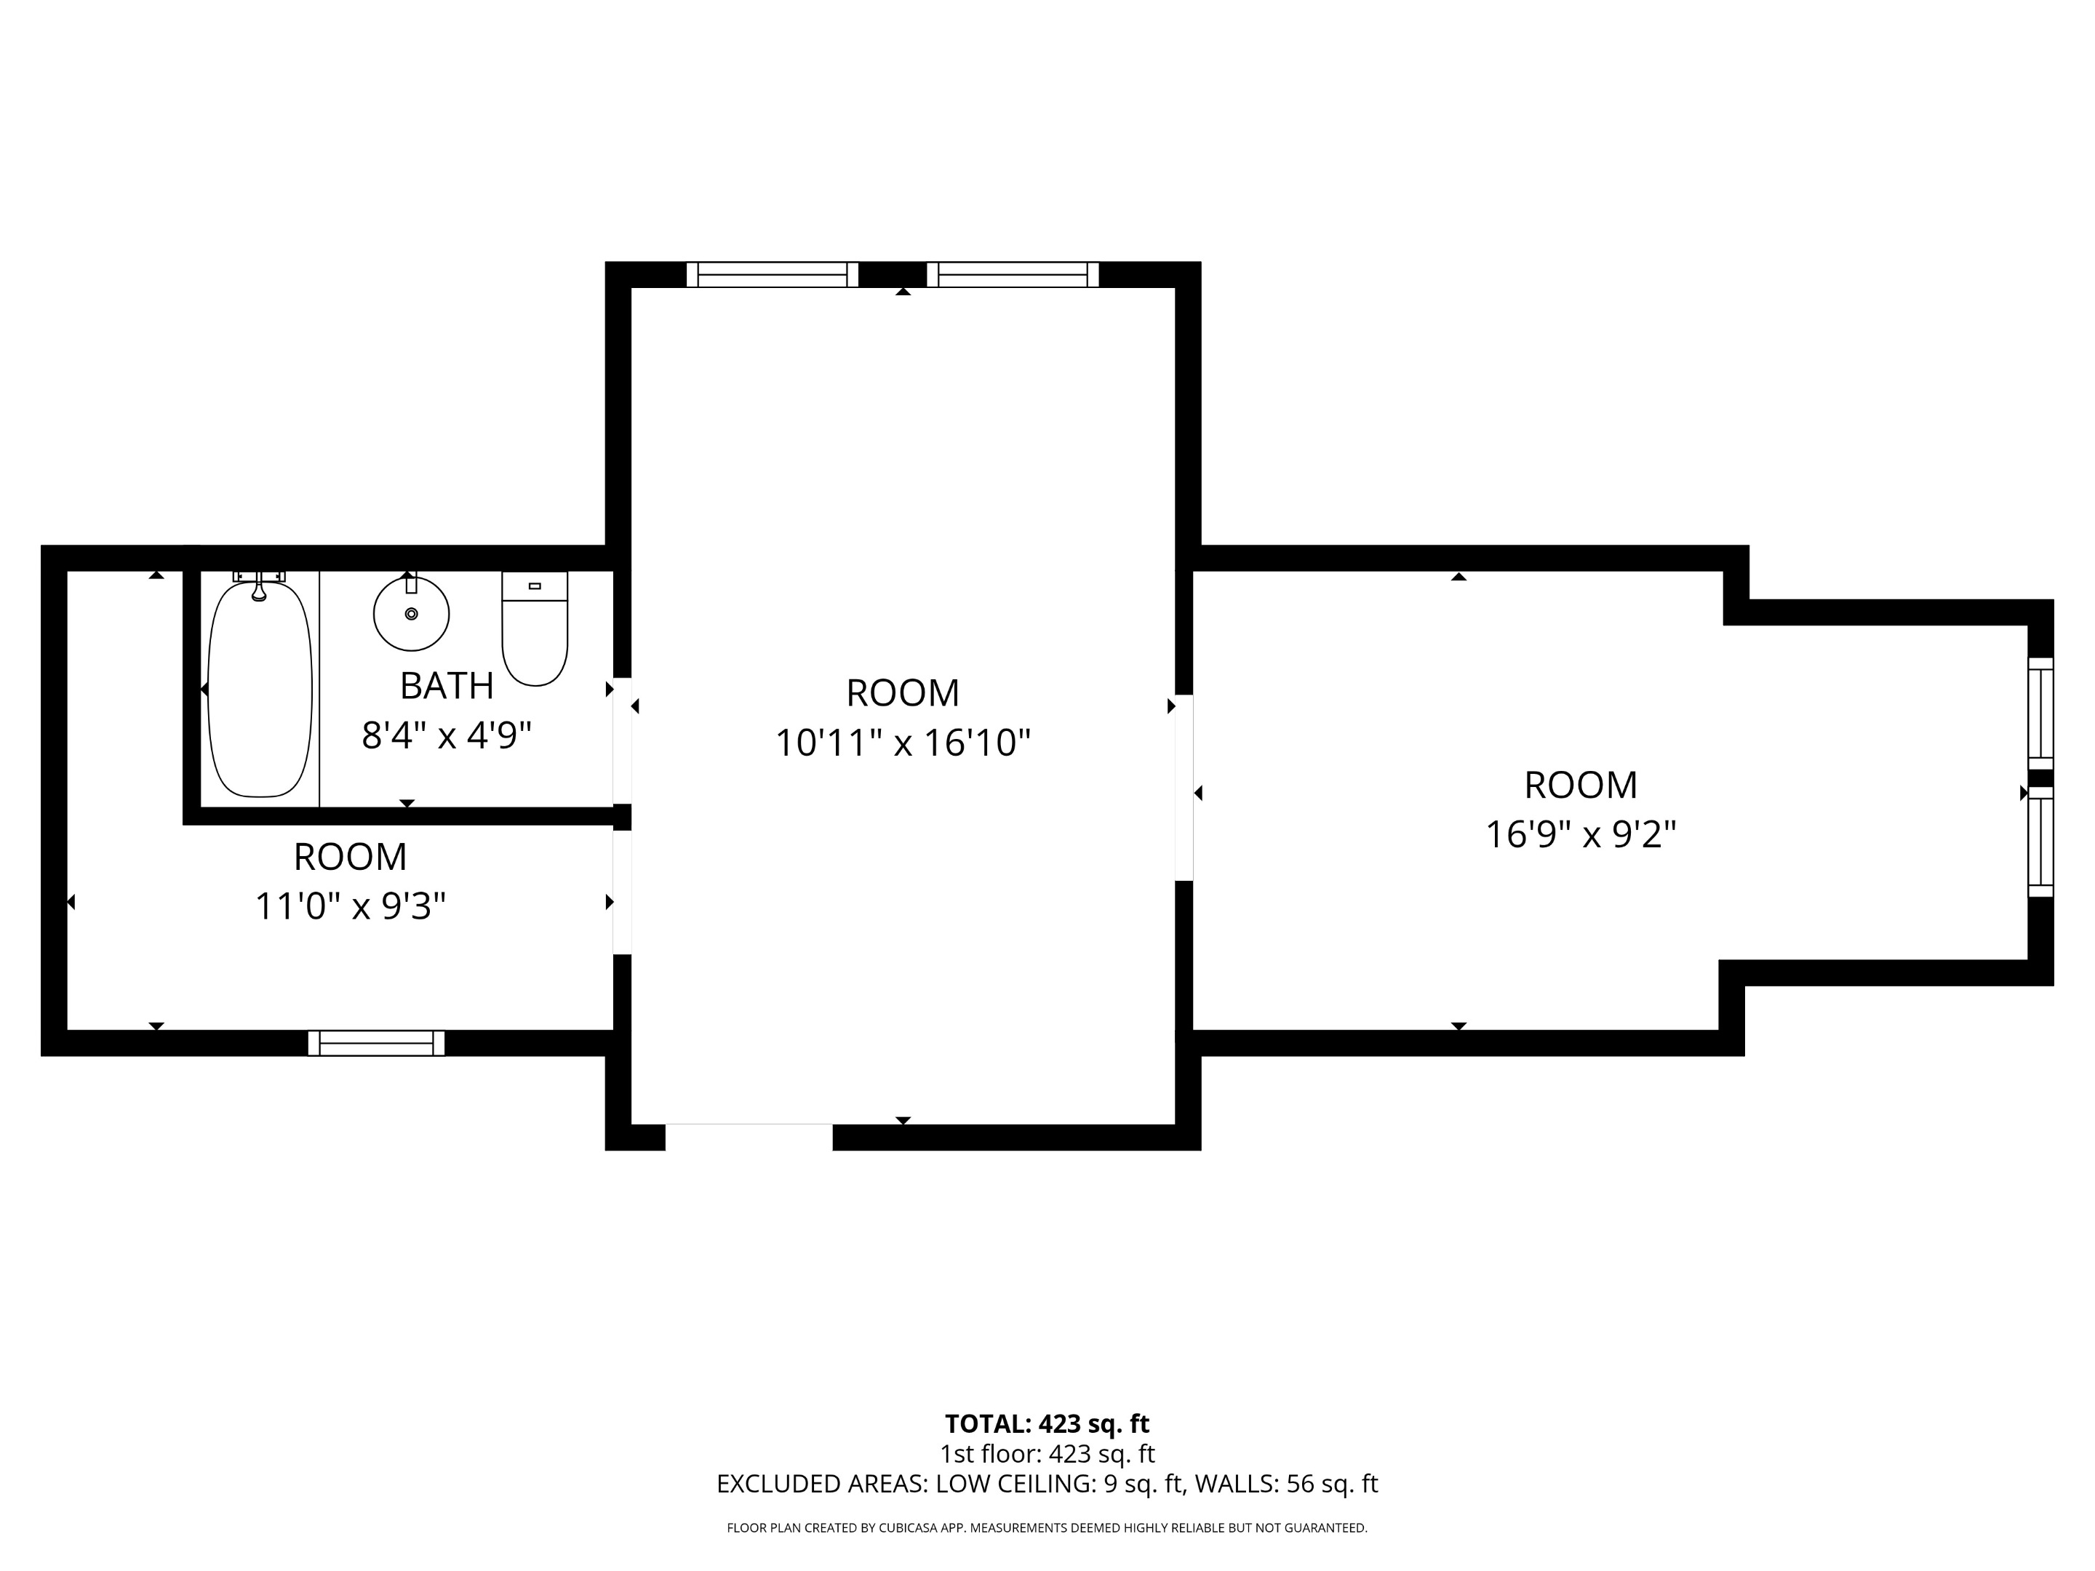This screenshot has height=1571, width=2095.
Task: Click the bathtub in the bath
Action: [260, 689]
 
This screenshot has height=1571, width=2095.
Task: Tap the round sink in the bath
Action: [411, 614]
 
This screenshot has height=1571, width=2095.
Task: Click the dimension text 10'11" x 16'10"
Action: [903, 743]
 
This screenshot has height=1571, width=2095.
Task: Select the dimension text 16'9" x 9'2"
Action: [1580, 834]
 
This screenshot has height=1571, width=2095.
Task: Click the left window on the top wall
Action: [772, 275]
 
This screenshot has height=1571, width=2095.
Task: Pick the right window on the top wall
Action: [1013, 275]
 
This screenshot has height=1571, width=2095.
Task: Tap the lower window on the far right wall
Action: [2040, 842]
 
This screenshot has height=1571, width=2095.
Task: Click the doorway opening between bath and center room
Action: [622, 740]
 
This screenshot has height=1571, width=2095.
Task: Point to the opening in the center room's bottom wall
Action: [749, 1138]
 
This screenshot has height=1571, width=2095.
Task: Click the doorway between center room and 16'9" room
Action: [1184, 788]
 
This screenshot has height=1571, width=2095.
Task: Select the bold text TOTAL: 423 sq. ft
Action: [1047, 1423]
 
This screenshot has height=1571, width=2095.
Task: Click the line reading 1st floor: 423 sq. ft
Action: [1047, 1454]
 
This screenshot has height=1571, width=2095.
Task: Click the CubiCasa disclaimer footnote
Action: [1047, 1527]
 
